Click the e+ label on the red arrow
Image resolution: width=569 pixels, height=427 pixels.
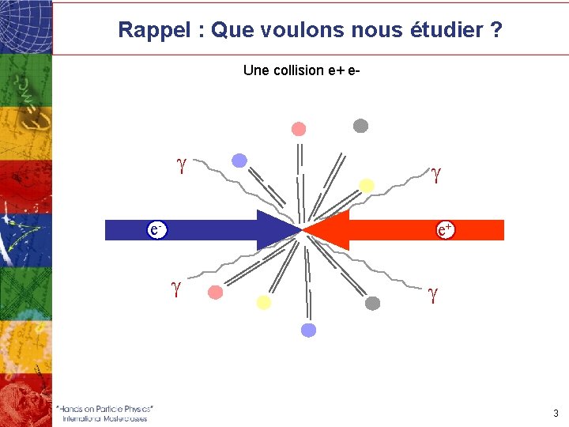click(446, 229)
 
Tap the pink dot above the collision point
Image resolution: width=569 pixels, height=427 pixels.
click(298, 129)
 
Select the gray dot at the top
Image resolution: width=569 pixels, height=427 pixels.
click(360, 125)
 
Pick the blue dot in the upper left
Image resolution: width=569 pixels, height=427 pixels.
click(239, 161)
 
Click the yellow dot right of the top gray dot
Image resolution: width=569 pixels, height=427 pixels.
click(367, 185)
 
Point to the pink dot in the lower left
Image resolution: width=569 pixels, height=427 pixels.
click(215, 293)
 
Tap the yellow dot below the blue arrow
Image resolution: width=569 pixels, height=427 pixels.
click(264, 302)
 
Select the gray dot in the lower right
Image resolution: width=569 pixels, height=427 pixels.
click(373, 303)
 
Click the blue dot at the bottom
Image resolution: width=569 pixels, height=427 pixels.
click(309, 330)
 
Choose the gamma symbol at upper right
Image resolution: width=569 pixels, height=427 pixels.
click(435, 172)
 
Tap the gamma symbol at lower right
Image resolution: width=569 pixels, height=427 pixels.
click(433, 294)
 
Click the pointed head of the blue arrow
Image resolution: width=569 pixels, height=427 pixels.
click(284, 229)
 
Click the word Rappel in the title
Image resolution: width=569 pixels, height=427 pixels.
click(153, 31)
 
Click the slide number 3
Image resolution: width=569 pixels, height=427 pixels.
click(556, 413)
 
